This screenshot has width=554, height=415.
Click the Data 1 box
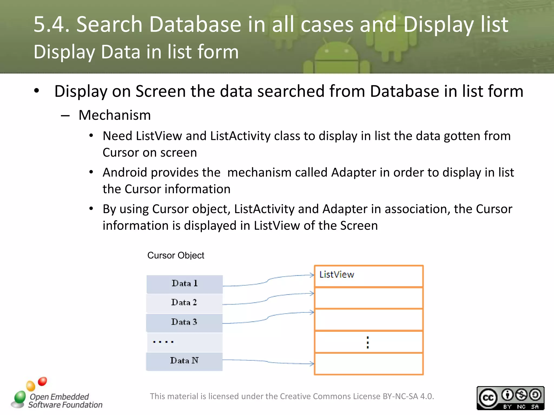pos(184,284)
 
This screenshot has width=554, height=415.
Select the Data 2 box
pos(184,303)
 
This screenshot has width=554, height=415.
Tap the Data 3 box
pos(184,322)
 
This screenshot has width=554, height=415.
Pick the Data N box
pos(184,361)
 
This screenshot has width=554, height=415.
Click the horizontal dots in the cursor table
pos(163,342)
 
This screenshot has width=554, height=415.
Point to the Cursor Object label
pos(176,255)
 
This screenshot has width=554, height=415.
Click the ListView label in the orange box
pos(337,275)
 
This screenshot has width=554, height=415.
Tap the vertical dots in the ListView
pos(368,343)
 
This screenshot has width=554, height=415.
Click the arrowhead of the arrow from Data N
pos(312,364)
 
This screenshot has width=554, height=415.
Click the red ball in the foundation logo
pos(42,381)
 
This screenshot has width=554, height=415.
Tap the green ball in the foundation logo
pos(20,397)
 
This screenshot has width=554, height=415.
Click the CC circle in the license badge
pos(488,398)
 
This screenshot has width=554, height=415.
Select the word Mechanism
pos(114,115)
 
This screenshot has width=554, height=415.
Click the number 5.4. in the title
pos(51,24)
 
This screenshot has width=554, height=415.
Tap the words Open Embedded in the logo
pos(59,397)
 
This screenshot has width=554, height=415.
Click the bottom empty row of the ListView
pos(369,364)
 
